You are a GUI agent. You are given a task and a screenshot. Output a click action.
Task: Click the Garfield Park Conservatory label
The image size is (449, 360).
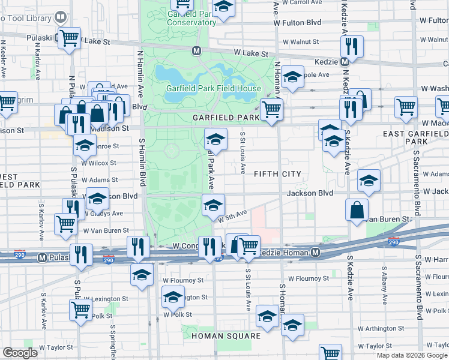[191, 17]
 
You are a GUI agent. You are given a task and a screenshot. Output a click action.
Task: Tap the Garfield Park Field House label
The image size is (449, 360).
[213, 88]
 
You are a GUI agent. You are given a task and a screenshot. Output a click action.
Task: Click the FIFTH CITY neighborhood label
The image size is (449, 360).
[277, 174]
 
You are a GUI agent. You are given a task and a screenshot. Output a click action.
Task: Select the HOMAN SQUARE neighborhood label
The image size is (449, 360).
[226, 336]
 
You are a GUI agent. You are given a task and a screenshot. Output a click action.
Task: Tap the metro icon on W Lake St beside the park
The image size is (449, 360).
[196, 51]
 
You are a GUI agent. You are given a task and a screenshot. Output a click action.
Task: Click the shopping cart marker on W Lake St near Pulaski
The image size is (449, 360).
[69, 38]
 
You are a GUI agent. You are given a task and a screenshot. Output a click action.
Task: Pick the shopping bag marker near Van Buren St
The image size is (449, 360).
[357, 210]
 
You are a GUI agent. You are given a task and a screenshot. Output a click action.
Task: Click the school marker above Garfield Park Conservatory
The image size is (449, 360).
[223, 7]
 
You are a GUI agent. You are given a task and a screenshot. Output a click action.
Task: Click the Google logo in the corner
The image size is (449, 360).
[20, 352]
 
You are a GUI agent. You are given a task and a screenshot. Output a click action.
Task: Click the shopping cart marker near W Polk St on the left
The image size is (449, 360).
[80, 310]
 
